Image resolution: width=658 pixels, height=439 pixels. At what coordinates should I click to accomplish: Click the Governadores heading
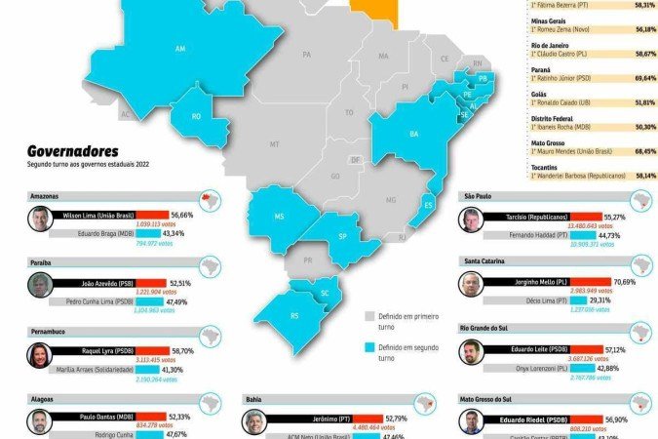pyautogui.click(x=73, y=151)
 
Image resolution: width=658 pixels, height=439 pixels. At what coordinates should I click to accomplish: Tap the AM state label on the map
pyautogui.click(x=179, y=48)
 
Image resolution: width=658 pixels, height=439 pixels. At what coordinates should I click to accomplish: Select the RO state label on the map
pyautogui.click(x=196, y=115)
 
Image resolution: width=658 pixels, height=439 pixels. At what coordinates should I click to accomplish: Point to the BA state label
pyautogui.click(x=413, y=134)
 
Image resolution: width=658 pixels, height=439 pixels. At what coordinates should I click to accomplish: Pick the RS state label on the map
pyautogui.click(x=295, y=315)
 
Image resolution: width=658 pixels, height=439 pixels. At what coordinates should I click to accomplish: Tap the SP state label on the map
pyautogui.click(x=342, y=236)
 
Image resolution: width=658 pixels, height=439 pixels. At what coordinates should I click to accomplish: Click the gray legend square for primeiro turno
pyautogui.click(x=370, y=316)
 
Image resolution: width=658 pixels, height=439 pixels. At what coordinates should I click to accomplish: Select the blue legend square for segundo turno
pyautogui.click(x=370, y=348)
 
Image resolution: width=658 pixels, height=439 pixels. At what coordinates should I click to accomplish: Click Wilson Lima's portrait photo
pyautogui.click(x=39, y=218)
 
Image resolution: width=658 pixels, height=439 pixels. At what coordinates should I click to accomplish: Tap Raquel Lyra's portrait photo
pyautogui.click(x=39, y=354)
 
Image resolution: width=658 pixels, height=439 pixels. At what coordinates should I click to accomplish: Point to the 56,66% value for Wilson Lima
pyautogui.click(x=182, y=214)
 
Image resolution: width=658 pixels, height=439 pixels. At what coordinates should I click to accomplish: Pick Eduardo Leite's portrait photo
pyautogui.click(x=473, y=353)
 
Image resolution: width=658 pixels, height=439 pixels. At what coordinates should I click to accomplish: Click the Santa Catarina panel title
pyautogui.click(x=485, y=261)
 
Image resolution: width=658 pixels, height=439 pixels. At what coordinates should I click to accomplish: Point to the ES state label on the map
pyautogui.click(x=427, y=204)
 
